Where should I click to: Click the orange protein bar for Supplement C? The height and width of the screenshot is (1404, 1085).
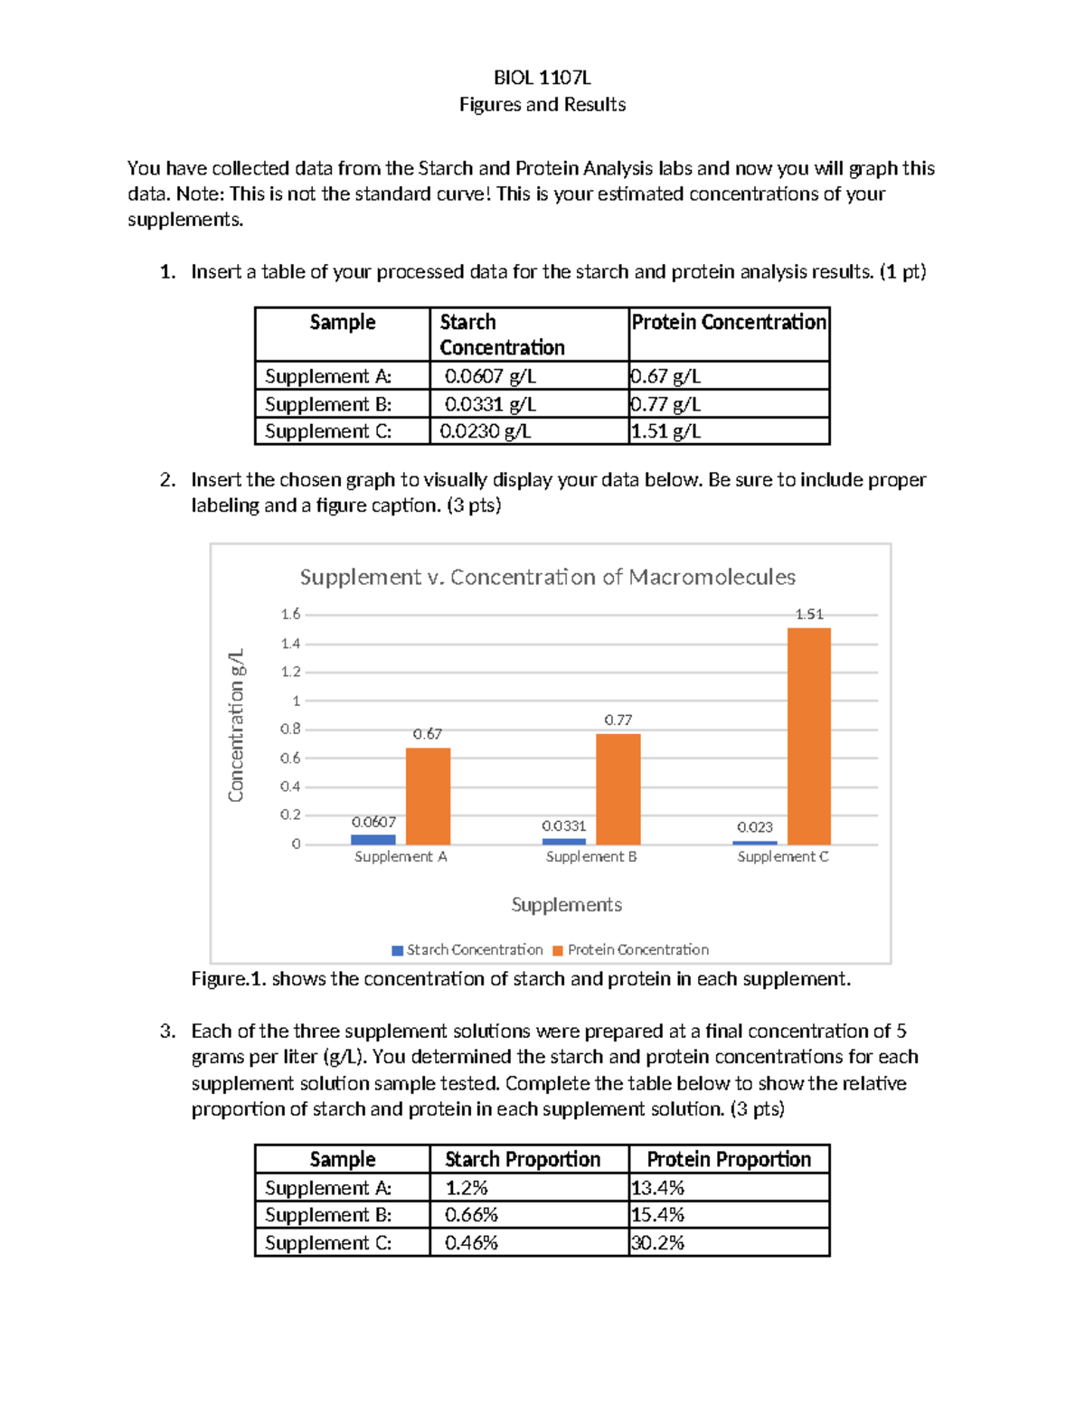pyautogui.click(x=808, y=736)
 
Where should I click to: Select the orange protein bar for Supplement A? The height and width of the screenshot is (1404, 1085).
pyautogui.click(x=428, y=796)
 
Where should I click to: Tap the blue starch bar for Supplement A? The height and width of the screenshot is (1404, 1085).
pyautogui.click(x=373, y=840)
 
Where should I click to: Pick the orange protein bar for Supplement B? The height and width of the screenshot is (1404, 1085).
pyautogui.click(x=618, y=789)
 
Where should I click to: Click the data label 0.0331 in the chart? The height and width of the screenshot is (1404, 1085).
pyautogui.click(x=563, y=826)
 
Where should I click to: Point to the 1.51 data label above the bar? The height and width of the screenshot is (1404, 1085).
pyautogui.click(x=809, y=614)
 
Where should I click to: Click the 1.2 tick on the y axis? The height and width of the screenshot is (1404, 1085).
pyautogui.click(x=290, y=672)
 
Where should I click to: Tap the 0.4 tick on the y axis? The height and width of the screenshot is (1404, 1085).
pyautogui.click(x=290, y=787)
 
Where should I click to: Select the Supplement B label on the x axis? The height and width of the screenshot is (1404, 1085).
pyautogui.click(x=591, y=856)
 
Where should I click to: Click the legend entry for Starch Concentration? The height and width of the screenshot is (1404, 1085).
pyautogui.click(x=467, y=949)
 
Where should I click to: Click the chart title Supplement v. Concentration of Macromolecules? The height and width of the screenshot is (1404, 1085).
pyautogui.click(x=548, y=577)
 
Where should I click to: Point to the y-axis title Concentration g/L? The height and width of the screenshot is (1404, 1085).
pyautogui.click(x=236, y=725)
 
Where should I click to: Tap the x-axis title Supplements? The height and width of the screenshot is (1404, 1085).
pyautogui.click(x=567, y=905)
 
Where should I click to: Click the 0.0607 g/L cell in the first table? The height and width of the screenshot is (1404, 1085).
pyautogui.click(x=490, y=376)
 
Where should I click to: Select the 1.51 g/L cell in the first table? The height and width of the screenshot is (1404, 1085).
pyautogui.click(x=666, y=431)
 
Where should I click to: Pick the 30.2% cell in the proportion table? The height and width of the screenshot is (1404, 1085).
pyautogui.click(x=657, y=1243)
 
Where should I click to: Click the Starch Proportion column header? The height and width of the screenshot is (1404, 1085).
pyautogui.click(x=523, y=1160)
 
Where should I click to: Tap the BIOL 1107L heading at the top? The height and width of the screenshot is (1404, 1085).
pyautogui.click(x=542, y=78)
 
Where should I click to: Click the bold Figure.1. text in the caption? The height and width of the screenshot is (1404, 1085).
pyautogui.click(x=229, y=979)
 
